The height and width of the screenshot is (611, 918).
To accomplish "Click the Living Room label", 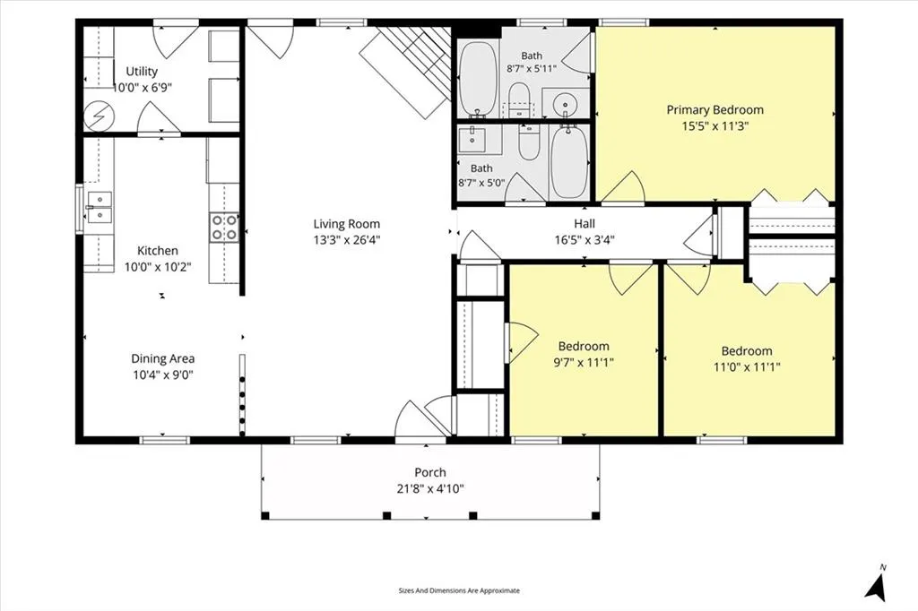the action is [347, 224].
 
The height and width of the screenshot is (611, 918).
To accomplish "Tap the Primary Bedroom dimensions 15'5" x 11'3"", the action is [715, 125].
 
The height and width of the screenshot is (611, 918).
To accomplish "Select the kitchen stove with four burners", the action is [224, 227].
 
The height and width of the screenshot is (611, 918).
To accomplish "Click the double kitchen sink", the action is [99, 208].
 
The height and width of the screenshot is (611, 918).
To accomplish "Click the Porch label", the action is [430, 472].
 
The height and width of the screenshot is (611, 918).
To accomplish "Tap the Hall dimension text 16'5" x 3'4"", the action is [585, 239].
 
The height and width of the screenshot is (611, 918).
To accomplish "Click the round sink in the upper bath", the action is [565, 104].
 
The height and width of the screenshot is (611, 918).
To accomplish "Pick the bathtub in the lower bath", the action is [569, 162].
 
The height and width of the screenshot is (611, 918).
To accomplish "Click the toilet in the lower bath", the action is [529, 142].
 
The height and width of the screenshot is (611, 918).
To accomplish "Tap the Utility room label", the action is [142, 72].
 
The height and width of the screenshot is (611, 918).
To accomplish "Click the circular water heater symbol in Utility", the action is [98, 117].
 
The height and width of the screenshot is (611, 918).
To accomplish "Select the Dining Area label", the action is [163, 358].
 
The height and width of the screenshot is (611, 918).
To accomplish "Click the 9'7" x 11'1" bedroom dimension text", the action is [584, 362].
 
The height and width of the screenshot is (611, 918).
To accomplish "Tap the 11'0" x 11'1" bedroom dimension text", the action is [747, 367].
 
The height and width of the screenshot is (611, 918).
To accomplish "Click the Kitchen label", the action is [158, 251].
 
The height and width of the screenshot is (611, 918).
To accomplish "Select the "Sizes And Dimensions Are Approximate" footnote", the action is [459, 590].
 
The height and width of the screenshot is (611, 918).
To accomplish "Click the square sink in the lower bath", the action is [473, 140].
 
